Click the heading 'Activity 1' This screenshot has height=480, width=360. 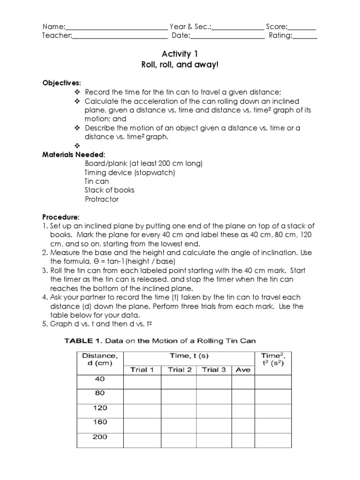tap(180, 54)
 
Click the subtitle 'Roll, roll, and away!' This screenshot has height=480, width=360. tap(180, 65)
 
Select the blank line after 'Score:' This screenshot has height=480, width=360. tap(302, 27)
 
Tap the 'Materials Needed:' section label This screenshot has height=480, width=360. tap(74, 155)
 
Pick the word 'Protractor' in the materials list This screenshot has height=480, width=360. tap(102, 199)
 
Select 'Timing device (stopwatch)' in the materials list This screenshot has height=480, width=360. tap(129, 172)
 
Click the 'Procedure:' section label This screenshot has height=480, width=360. tap(61, 217)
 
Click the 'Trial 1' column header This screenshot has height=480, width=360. tap(142, 370)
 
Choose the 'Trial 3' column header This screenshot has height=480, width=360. tap(214, 370)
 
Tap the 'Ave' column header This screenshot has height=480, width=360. tap(243, 370)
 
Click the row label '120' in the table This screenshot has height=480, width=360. tap(100, 408)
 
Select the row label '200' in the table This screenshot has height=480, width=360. tap(100, 437)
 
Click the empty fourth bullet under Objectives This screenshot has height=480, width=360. tap(78, 146)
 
